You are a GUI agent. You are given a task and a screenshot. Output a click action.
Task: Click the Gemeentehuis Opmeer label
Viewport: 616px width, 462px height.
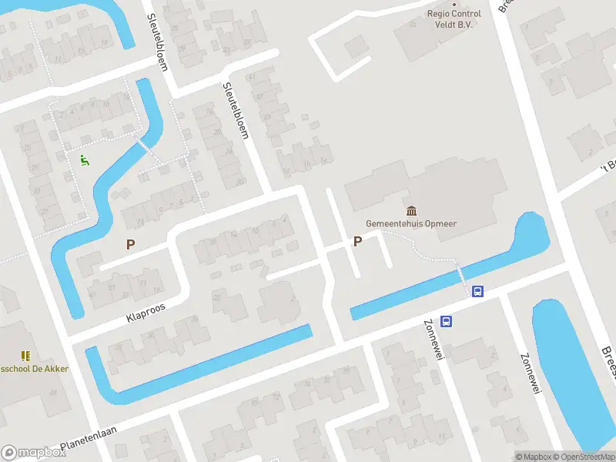point(410,224)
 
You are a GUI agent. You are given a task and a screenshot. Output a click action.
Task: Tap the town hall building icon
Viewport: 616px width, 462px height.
point(411,210)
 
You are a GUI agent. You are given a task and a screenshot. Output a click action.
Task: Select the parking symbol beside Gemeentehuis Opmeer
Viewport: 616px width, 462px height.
point(357,242)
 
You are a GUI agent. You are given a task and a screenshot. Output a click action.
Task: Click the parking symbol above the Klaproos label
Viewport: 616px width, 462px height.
point(130,244)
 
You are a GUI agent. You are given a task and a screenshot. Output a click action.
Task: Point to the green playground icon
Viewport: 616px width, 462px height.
point(85,161)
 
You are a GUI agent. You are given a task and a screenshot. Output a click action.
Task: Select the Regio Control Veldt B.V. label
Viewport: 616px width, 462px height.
point(454,18)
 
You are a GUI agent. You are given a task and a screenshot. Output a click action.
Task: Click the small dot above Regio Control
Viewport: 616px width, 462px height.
point(454,4)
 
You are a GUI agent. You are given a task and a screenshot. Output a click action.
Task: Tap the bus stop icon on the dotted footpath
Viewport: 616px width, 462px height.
point(477,291)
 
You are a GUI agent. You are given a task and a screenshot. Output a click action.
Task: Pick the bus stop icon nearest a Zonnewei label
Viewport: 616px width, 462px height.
point(446,322)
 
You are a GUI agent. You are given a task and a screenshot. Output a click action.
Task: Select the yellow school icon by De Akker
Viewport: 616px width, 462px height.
point(25,356)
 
